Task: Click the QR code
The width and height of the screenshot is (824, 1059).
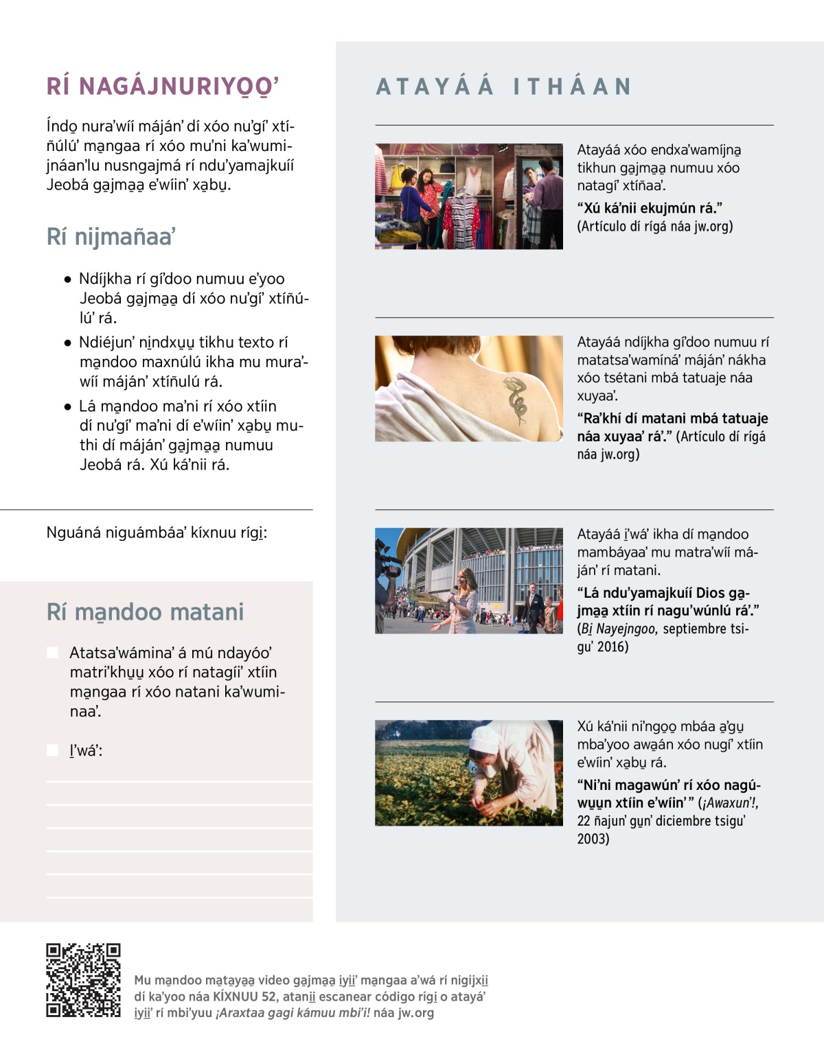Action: point(83,979)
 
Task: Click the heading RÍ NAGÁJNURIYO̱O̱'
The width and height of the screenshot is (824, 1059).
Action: point(163,86)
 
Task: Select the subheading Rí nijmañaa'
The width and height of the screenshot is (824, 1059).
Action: point(111,237)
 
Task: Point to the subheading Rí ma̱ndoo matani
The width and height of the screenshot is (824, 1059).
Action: point(145,612)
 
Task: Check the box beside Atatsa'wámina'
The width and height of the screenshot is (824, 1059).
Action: point(53,652)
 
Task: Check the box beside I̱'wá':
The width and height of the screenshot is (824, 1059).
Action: point(53,750)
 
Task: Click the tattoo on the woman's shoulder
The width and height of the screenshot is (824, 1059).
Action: point(516,398)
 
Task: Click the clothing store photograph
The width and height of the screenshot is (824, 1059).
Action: point(469,196)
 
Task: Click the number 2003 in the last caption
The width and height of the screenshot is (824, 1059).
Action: point(593,839)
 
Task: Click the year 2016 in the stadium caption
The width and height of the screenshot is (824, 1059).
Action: point(613,647)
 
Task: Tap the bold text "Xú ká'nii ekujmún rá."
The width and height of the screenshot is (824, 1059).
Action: point(650,208)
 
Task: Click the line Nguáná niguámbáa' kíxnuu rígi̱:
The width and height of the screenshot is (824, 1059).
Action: point(157,533)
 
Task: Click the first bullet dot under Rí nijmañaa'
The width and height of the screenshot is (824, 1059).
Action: point(67,279)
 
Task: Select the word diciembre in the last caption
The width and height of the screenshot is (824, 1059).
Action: point(687,821)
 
